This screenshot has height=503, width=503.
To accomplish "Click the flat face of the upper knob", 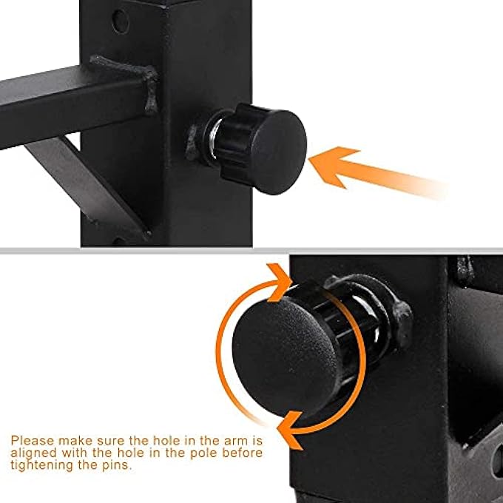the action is coord(280,152).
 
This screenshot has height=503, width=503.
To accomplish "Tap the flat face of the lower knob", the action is coord(284,356).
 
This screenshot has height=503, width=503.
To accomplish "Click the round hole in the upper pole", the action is coord(121,21).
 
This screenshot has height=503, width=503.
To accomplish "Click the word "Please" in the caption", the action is coord(33,441).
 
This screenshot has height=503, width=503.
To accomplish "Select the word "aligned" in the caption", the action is coord(34,453).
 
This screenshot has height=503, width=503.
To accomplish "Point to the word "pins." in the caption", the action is coord(117,466).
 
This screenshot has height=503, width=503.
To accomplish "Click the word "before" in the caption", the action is coord(243,453).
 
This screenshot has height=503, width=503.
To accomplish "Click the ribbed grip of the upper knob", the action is coord(237,143).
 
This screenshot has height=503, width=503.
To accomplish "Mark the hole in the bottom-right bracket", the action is coord(498,461).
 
